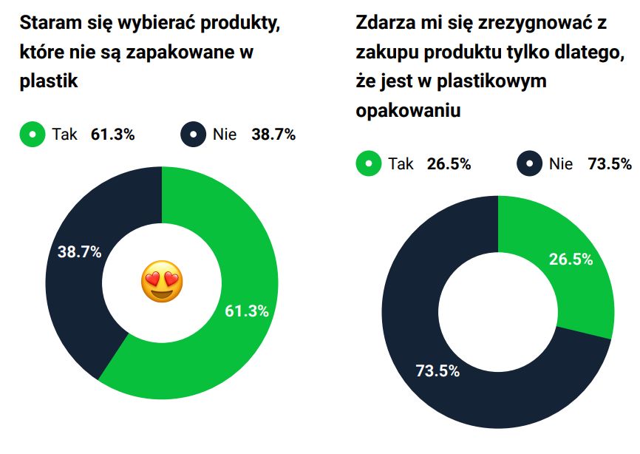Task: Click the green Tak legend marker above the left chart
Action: tap(33, 135)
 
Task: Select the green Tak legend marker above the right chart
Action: tap(368, 164)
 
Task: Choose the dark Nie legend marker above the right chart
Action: tap(529, 164)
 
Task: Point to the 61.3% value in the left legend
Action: tap(112, 135)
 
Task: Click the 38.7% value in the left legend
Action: tap(273, 135)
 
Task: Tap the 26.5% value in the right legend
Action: tap(449, 164)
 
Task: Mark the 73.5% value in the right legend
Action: tap(610, 164)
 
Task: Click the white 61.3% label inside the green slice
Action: tap(246, 311)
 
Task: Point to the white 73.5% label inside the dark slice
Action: tap(438, 370)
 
